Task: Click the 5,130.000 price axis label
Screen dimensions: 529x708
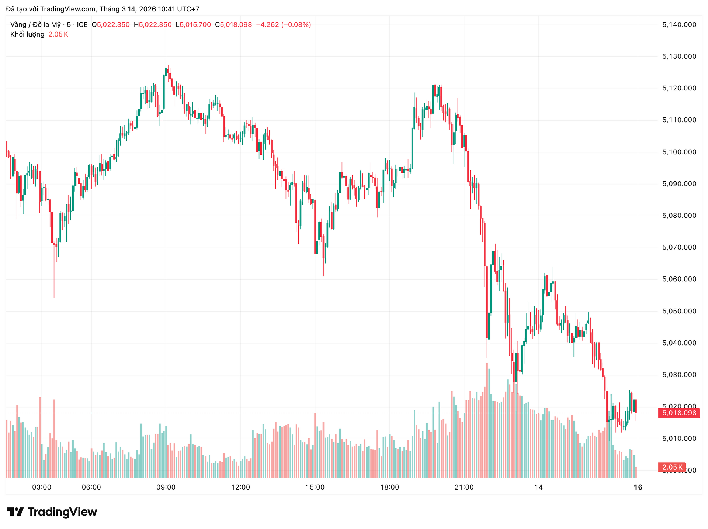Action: click(x=679, y=56)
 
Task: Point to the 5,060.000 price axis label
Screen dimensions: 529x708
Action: click(x=679, y=279)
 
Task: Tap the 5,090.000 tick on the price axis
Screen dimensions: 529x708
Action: click(x=679, y=184)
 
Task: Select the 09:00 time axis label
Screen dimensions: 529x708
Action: click(x=166, y=487)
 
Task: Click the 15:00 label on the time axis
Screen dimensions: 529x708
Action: click(x=315, y=487)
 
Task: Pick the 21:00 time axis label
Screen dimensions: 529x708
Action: click(x=464, y=487)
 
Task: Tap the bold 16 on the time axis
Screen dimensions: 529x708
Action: click(x=638, y=487)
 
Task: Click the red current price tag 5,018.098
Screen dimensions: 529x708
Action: click(x=679, y=413)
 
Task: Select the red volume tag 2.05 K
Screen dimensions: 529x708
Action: click(x=671, y=467)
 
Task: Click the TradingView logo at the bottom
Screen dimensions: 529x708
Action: click(x=52, y=512)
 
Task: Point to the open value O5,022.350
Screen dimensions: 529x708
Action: click(x=111, y=25)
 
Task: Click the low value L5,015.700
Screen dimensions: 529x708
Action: click(x=193, y=25)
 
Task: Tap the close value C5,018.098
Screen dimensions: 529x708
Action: click(x=233, y=25)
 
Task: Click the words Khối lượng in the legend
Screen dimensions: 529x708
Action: click(x=27, y=34)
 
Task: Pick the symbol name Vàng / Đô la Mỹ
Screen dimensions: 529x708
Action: click(x=35, y=25)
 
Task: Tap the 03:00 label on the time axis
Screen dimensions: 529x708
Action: click(x=42, y=487)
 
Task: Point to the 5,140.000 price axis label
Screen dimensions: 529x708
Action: click(x=679, y=25)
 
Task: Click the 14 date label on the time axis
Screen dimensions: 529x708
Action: click(x=539, y=487)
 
